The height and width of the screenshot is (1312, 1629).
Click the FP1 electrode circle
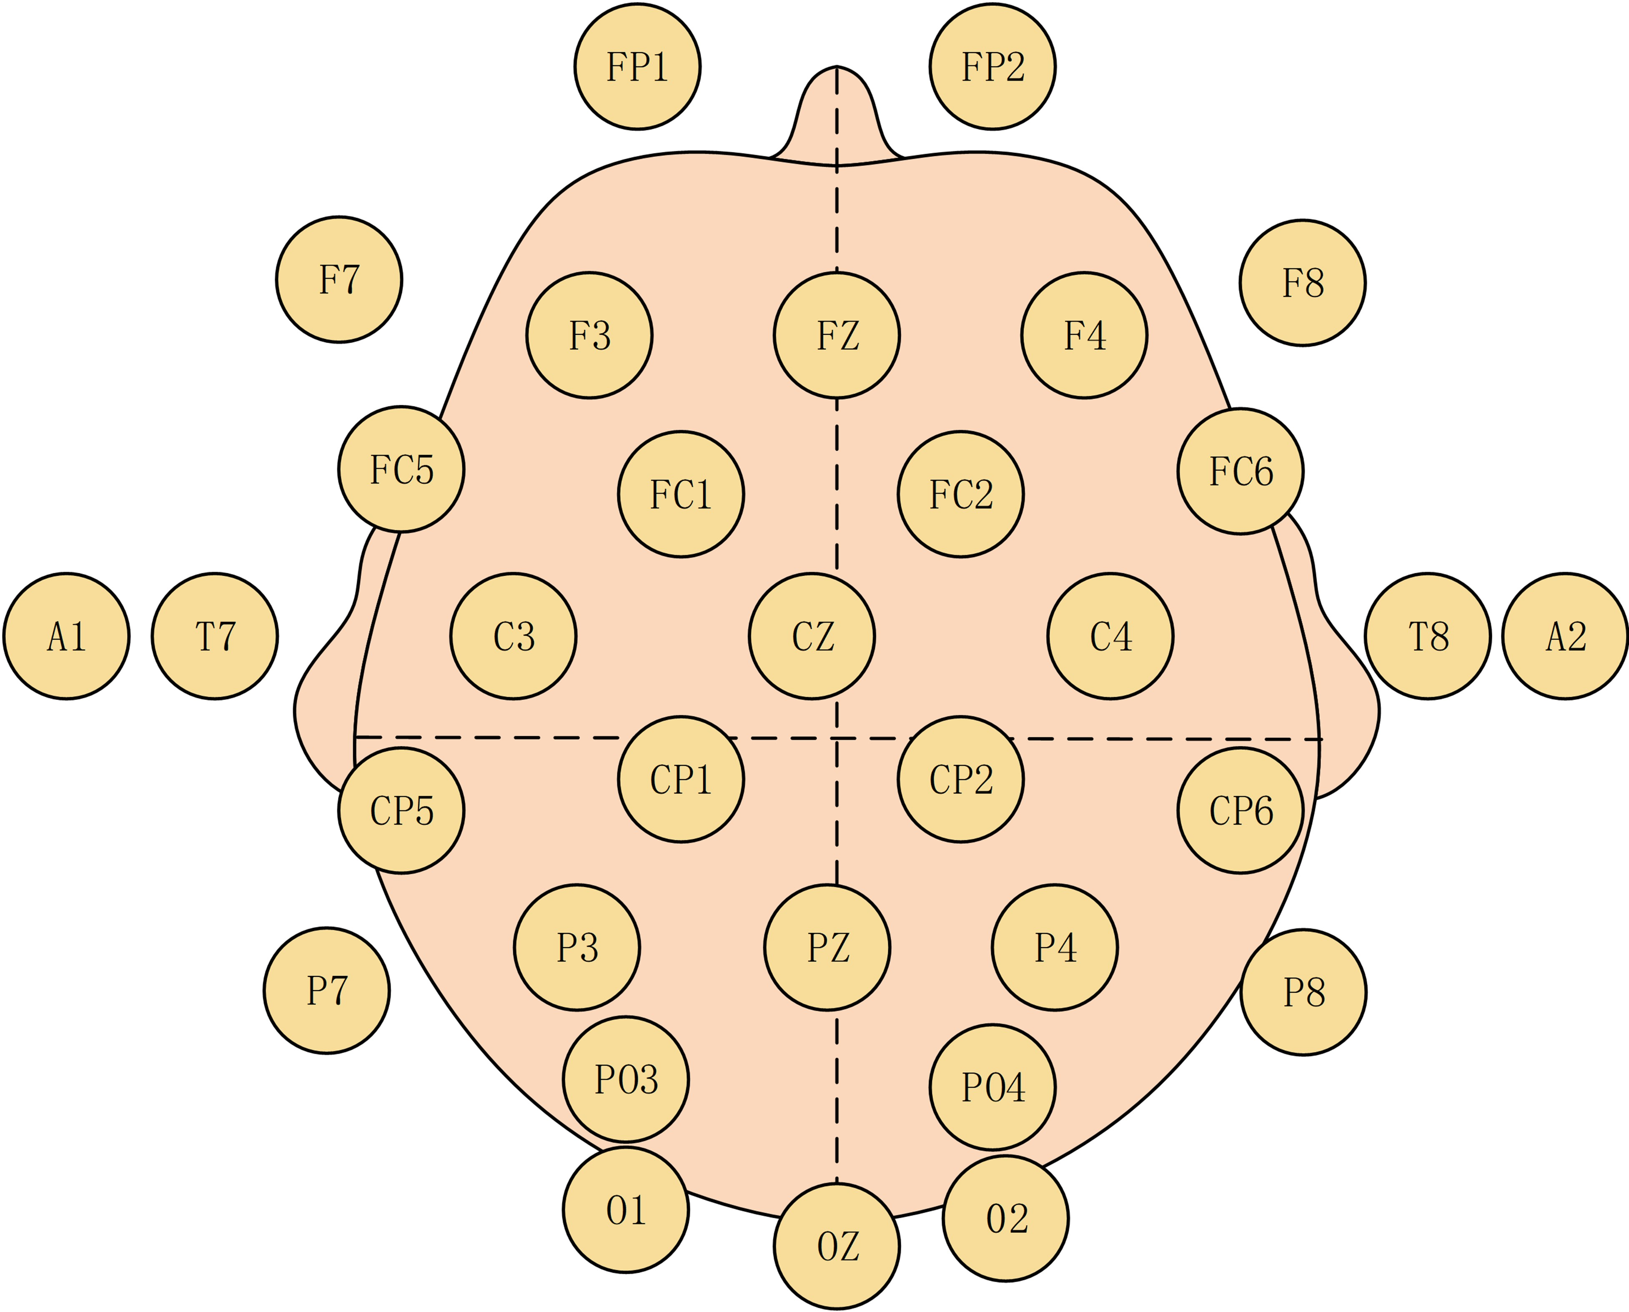[637, 67]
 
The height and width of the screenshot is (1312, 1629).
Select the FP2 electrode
[992, 67]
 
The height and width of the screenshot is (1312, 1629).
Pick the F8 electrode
[1303, 283]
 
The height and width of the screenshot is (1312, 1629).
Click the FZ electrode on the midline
[837, 335]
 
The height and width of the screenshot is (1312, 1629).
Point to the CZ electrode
[812, 636]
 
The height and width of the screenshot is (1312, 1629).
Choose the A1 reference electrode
[67, 636]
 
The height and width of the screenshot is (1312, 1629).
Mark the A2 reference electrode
[1565, 636]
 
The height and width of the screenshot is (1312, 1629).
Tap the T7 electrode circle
[215, 636]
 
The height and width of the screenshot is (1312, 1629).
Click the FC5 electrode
[401, 469]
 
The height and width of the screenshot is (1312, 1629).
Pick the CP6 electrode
[1241, 810]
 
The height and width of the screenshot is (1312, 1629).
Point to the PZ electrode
[827, 947]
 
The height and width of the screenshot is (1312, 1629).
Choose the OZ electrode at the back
[837, 1246]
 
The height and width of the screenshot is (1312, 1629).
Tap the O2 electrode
[1006, 1218]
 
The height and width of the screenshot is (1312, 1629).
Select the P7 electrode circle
[326, 990]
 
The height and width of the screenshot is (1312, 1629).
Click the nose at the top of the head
[837, 113]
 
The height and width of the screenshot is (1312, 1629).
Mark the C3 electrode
[513, 636]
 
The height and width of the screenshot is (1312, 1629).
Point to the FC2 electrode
[960, 494]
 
